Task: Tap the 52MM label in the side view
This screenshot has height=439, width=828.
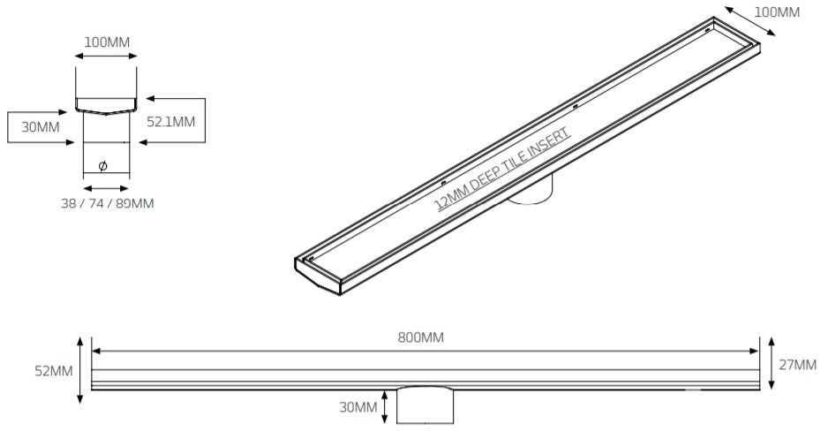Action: pos(56,371)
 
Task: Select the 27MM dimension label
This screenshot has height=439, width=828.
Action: pos(799,364)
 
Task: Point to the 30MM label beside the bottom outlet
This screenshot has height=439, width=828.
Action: pos(359,407)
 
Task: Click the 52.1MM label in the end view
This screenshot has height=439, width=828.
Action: pos(171,121)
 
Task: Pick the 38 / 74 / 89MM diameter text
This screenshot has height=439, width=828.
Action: pos(107,204)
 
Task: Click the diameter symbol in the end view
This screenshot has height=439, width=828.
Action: pos(102,166)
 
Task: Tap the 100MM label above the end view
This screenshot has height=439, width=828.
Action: pos(107,42)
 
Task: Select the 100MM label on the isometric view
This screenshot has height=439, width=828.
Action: pos(777,11)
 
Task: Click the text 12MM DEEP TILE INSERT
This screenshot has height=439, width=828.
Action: pos(504,168)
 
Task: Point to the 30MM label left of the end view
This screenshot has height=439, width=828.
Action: pos(41,127)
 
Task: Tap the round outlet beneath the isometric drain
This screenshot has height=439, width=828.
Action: pos(533,193)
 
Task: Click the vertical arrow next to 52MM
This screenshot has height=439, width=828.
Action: pos(80,370)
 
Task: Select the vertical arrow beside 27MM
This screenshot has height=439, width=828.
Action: pos(772,362)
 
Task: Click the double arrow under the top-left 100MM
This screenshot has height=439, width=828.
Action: pos(106,57)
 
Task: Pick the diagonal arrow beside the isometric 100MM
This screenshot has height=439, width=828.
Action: pos(751,22)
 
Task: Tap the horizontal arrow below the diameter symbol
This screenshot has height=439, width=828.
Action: pos(105,187)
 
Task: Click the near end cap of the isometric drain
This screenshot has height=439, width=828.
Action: pos(318,275)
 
